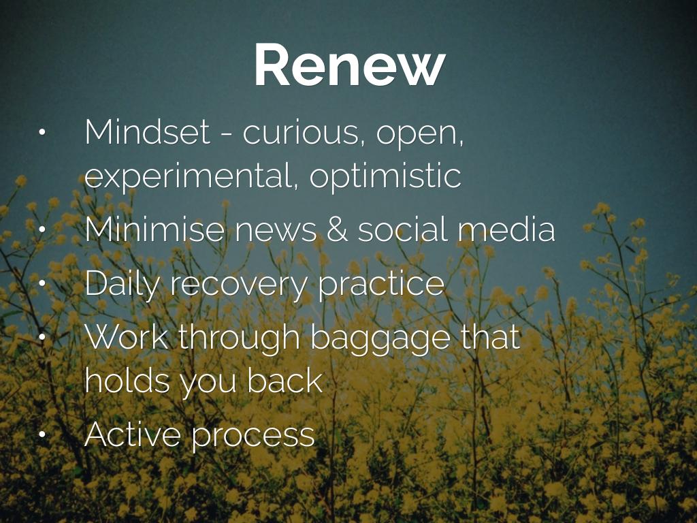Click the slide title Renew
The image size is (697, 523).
349,65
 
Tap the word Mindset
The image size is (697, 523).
147,131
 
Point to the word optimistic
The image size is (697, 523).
385,176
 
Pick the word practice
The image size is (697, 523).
381,284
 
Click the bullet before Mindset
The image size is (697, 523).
42,133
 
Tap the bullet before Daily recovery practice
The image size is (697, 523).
42,283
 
